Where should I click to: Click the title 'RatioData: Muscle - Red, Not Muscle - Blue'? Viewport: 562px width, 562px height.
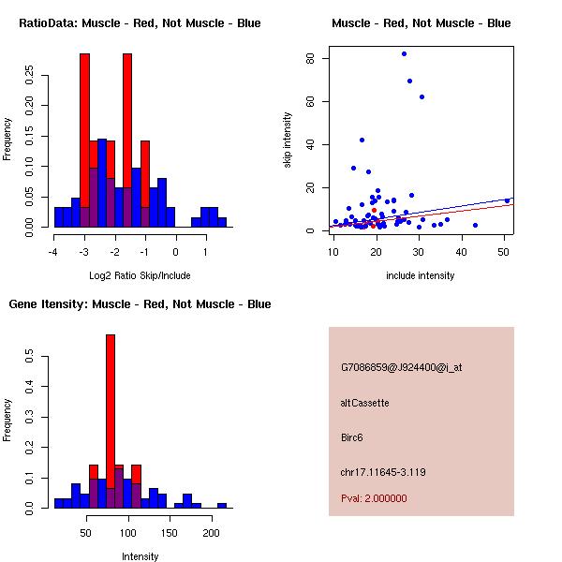[x=140, y=22]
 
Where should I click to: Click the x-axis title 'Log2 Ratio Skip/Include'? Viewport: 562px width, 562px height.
[x=140, y=275]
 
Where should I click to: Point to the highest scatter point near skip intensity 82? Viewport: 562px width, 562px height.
[x=404, y=53]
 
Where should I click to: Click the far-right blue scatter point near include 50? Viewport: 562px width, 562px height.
[x=507, y=200]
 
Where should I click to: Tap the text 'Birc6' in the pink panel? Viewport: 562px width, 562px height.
[x=354, y=436]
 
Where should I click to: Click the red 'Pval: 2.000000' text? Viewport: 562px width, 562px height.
[x=374, y=498]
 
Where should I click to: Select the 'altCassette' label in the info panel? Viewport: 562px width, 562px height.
[x=364, y=403]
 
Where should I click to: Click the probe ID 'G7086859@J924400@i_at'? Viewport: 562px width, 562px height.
[x=401, y=367]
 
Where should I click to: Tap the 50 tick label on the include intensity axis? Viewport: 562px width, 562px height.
[x=503, y=251]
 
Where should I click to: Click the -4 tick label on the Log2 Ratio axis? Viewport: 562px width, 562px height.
[x=54, y=251]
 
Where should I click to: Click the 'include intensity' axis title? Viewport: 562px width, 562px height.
[x=421, y=275]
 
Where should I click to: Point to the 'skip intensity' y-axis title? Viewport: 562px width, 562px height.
[x=288, y=140]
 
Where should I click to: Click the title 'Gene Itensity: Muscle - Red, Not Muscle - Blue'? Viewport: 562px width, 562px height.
[x=140, y=303]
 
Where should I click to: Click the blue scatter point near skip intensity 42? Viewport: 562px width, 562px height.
[x=362, y=140]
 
